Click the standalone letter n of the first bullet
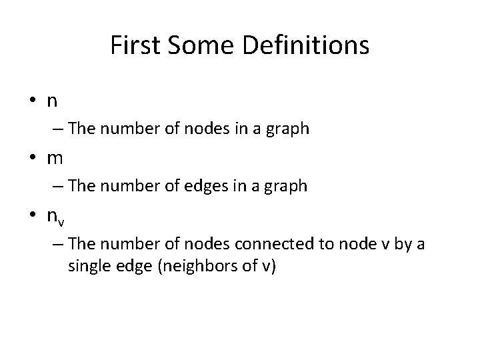tap(51, 102)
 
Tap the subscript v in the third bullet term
tap(61, 219)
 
